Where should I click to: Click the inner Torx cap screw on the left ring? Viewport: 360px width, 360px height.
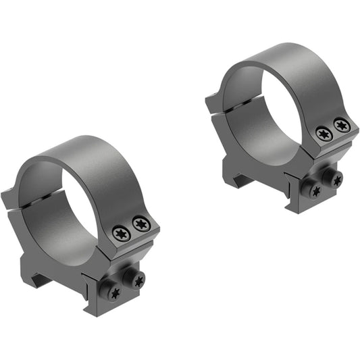[122, 234]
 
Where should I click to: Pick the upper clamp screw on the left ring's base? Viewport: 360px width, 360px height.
[138, 280]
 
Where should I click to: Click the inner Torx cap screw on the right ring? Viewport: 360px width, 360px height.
[324, 134]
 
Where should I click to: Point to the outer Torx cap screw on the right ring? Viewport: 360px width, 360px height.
[342, 124]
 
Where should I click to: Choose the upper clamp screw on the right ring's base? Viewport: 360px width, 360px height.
[336, 178]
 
